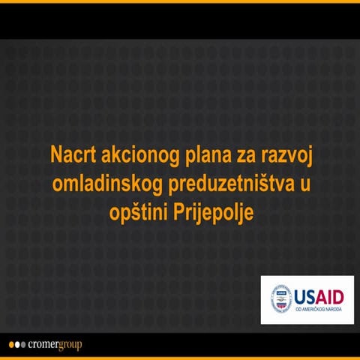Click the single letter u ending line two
click(304, 184)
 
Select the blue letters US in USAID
click(306, 295)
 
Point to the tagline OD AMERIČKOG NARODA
click(319, 310)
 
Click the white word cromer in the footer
click(42, 345)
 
